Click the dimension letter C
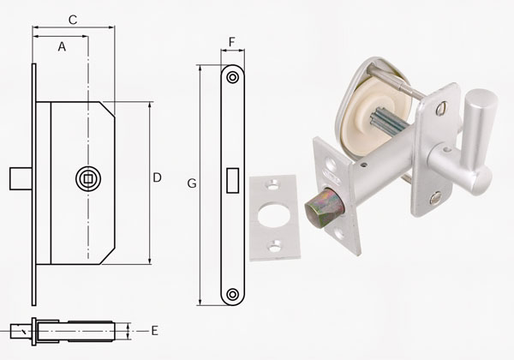coord(73,20)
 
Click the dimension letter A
coord(62,46)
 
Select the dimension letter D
coord(158,177)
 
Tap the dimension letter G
coord(192,183)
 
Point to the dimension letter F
coord(232,42)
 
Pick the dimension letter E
coord(155,331)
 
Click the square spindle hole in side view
coord(88,178)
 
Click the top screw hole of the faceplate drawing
coord(233,78)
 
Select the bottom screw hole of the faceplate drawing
coord(233,294)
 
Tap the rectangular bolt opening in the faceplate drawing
coord(232,180)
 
